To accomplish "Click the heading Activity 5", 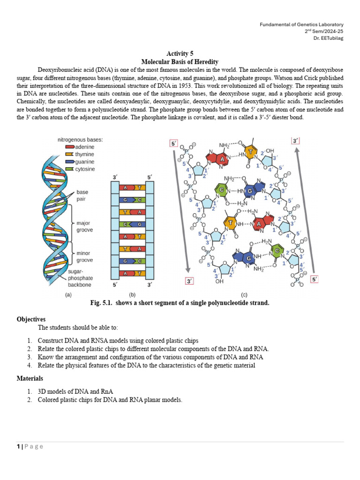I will pos(180,54).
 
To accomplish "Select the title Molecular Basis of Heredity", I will pos(180,62).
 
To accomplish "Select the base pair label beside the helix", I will pos(82,195).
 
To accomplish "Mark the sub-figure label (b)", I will pos(132,295).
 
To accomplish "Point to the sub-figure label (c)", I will pos(244,295).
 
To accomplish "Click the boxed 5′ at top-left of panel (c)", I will pos(174,143).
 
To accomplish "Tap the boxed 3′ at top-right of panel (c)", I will pos(296,141).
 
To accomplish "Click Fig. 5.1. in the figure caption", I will pos(103,303).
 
